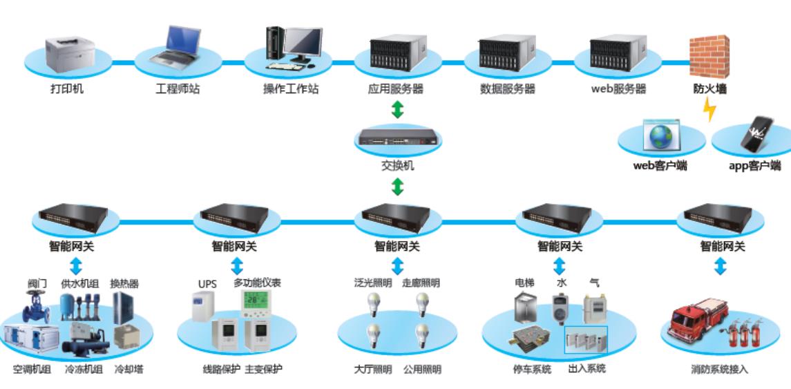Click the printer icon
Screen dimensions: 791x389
click(70, 54)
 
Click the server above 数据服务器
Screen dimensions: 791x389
click(507, 53)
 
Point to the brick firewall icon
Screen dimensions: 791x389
click(709, 57)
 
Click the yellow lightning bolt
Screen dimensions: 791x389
click(709, 109)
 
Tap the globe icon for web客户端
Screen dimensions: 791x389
click(661, 135)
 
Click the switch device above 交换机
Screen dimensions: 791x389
click(398, 137)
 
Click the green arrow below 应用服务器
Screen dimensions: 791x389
click(398, 109)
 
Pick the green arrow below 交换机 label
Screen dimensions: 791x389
click(398, 187)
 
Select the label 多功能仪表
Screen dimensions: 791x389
click(257, 283)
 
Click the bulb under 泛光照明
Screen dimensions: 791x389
click(373, 304)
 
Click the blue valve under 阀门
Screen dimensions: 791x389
click(37, 307)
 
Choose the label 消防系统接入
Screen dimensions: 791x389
click(720, 370)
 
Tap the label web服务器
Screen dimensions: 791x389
click(618, 89)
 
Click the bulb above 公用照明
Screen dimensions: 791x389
click(422, 336)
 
